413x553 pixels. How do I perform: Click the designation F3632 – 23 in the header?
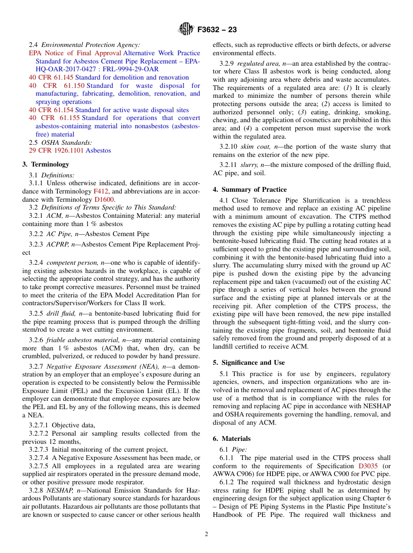click(217, 30)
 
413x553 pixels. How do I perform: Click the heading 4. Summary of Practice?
click(250, 190)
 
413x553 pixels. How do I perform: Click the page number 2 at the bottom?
click(206, 534)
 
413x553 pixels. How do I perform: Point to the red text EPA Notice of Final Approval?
click(75, 53)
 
